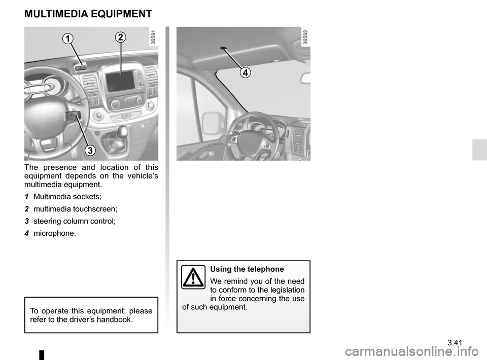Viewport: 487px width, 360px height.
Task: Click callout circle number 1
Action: pyautogui.click(x=68, y=39)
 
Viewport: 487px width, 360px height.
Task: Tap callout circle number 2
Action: pyautogui.click(x=120, y=37)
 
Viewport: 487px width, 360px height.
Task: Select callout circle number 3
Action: pyautogui.click(x=90, y=150)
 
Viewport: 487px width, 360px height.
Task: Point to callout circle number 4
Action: pyautogui.click(x=245, y=73)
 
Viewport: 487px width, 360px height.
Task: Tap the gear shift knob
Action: pyautogui.click(x=121, y=133)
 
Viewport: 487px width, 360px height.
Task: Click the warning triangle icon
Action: pyautogui.click(x=193, y=277)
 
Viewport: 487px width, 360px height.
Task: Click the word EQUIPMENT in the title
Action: pyautogui.click(x=124, y=14)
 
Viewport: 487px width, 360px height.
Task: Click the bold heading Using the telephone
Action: pyautogui.click(x=247, y=269)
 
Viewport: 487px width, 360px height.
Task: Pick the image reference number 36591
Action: pyautogui.click(x=153, y=37)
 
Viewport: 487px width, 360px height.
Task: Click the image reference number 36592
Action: pyautogui.click(x=305, y=37)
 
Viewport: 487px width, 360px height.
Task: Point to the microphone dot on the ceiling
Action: pyautogui.click(x=223, y=49)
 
